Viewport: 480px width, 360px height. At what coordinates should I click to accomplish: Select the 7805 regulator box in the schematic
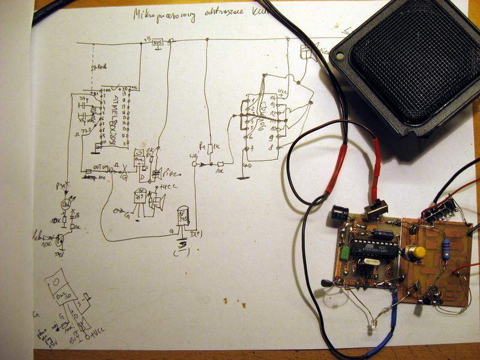[158, 43]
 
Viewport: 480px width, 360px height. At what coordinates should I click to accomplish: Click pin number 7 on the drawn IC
[251, 148]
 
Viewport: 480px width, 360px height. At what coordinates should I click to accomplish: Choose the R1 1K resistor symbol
[209, 145]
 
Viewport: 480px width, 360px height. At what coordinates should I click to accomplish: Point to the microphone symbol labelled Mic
[307, 52]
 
